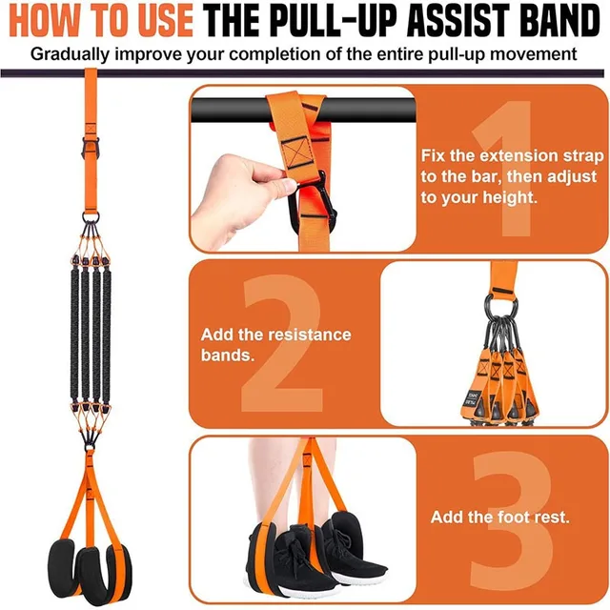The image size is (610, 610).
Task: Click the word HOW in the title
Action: [49, 20]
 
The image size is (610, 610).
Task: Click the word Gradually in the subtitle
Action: [73, 52]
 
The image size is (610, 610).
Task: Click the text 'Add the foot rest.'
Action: [500, 518]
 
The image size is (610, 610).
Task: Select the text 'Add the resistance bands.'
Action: [275, 344]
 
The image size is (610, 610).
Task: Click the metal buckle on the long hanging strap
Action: [89, 148]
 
